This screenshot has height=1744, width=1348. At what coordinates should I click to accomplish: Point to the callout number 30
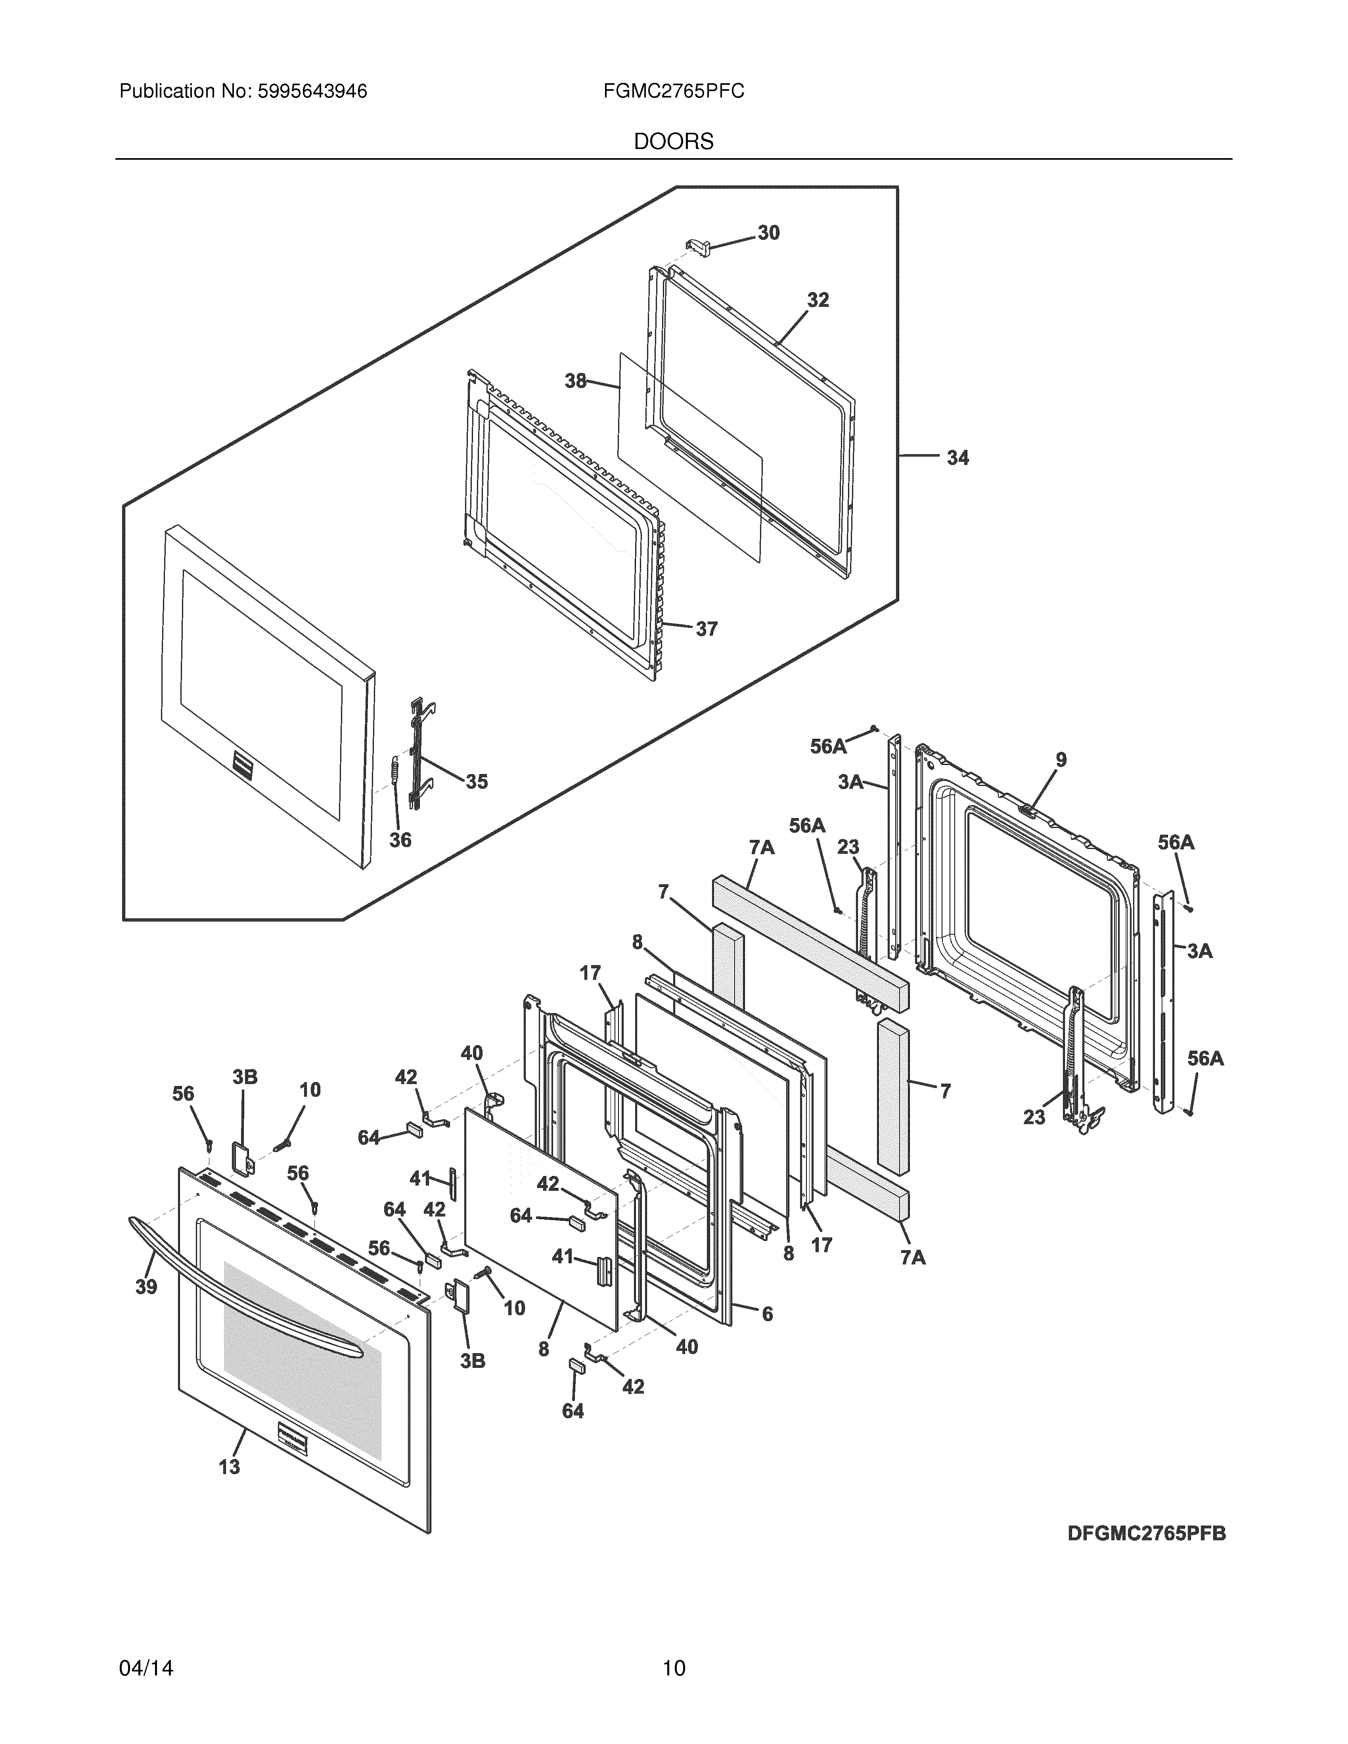(x=768, y=232)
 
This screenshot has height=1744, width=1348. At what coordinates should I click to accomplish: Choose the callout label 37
(x=706, y=629)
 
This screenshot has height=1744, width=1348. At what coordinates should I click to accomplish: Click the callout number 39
(x=146, y=1287)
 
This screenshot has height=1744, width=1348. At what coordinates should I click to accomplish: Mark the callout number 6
(x=768, y=1314)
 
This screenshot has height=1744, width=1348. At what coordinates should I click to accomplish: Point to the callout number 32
(x=818, y=300)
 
